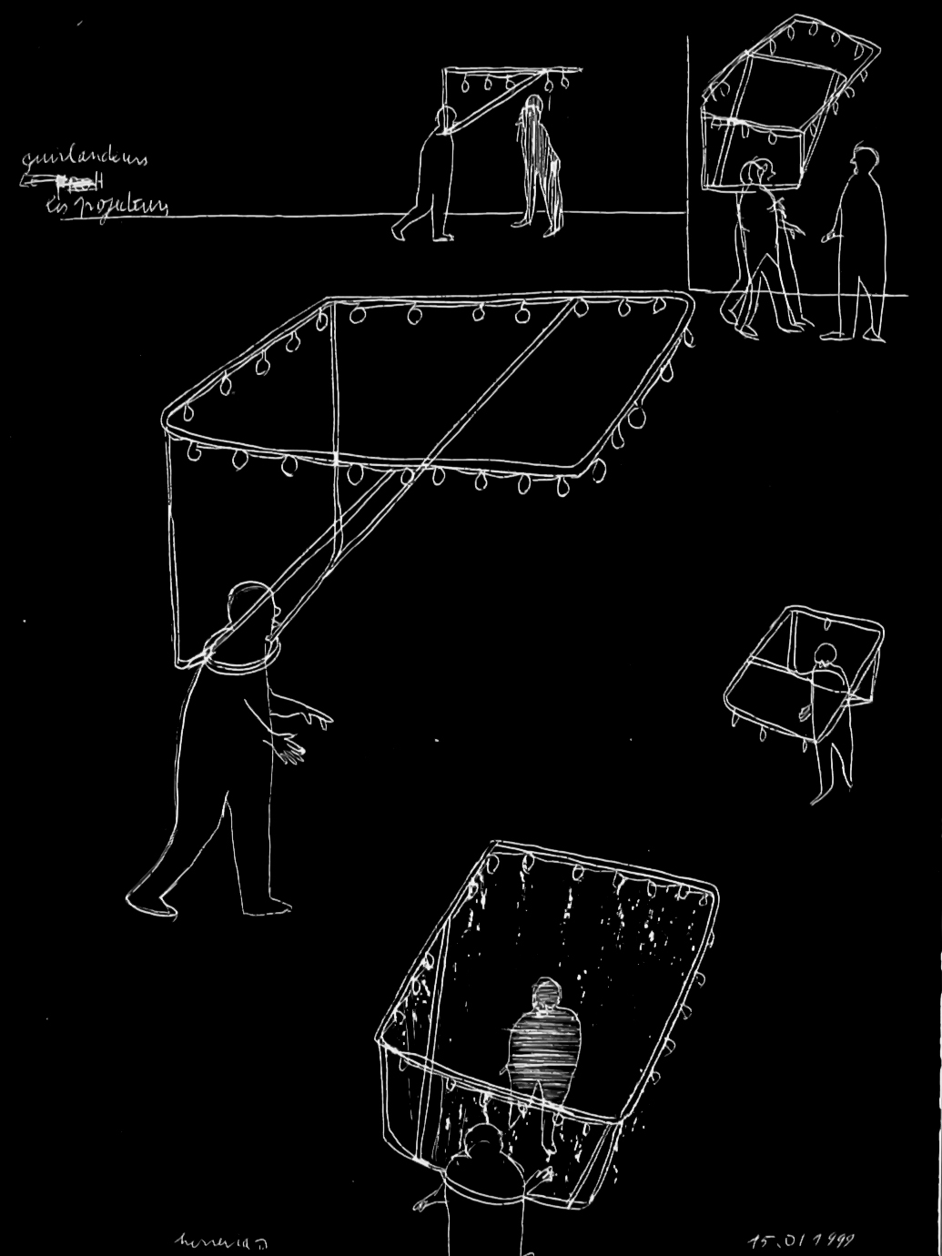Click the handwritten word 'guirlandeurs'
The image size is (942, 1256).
[x=84, y=160]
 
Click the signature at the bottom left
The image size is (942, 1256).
[x=208, y=1240]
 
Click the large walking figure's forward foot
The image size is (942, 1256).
[x=150, y=901]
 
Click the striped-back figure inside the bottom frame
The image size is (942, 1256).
[x=544, y=1038]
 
